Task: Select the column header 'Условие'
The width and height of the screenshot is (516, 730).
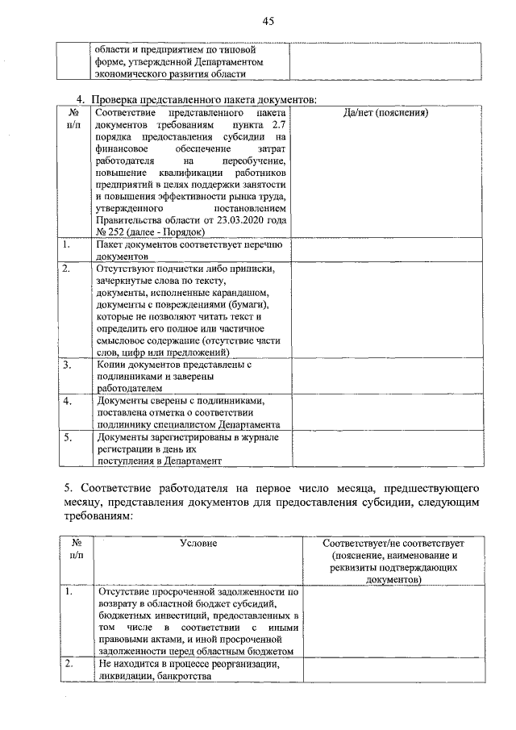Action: (x=198, y=544)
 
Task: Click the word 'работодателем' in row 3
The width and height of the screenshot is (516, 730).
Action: (x=128, y=387)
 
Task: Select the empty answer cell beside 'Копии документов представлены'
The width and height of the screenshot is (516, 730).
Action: (x=385, y=376)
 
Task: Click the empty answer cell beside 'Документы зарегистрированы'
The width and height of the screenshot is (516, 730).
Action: (x=385, y=448)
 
